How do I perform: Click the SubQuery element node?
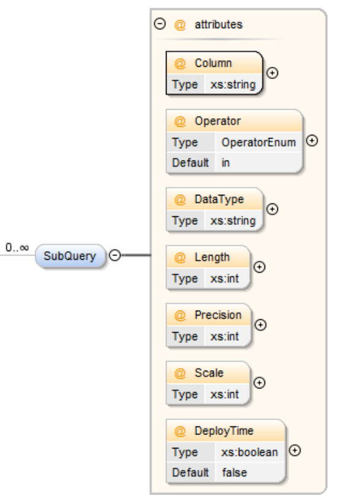[x=70, y=256]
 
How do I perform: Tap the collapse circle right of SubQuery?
[x=115, y=255]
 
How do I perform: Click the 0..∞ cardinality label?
[x=17, y=248]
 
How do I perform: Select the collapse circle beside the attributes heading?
[x=160, y=24]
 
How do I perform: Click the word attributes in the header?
[x=219, y=25]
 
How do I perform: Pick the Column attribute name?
[x=213, y=63]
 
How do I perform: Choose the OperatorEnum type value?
[x=259, y=142]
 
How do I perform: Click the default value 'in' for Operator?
[x=225, y=162]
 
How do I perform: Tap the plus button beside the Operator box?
[x=312, y=141]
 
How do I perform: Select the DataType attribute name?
[x=219, y=199]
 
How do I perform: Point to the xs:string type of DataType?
[x=233, y=221]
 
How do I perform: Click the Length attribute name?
[x=212, y=257]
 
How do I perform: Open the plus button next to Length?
[x=260, y=267]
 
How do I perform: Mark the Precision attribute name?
[x=218, y=315]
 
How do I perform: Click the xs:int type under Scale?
[x=225, y=394]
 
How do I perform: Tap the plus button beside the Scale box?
[x=260, y=382]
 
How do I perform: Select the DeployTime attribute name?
[x=224, y=431]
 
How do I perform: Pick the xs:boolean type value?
[x=249, y=452]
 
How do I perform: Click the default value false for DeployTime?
[x=234, y=472]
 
